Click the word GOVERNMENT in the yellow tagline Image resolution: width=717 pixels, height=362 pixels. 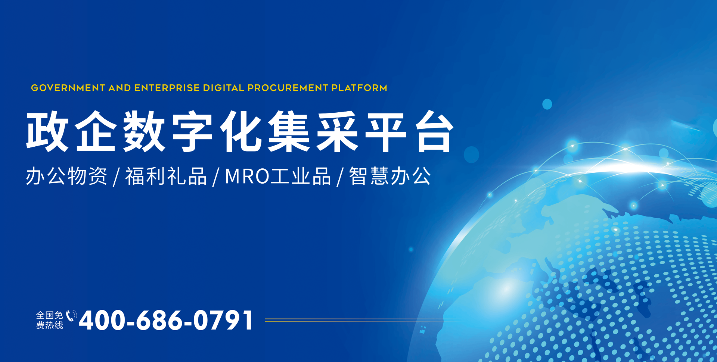tap(68, 88)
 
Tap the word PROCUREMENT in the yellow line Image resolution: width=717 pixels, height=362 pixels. tap(288, 88)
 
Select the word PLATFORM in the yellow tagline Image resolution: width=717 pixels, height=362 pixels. tap(359, 88)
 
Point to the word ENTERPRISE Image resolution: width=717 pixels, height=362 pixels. tap(167, 88)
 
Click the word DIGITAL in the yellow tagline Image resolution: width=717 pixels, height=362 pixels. tap(224, 88)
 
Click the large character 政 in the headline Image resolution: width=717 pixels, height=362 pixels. tap(47, 131)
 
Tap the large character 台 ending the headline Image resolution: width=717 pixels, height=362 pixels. tap(435, 131)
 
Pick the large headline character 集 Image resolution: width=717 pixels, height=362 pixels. tap(289, 131)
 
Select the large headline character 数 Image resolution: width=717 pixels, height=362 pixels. tap(144, 131)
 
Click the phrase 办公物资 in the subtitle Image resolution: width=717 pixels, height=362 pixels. tap(66, 176)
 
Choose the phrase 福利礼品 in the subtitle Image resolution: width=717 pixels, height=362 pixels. tap(166, 176)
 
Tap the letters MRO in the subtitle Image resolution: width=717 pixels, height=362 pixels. tap(247, 176)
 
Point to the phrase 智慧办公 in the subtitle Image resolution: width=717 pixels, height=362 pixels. tap(390, 176)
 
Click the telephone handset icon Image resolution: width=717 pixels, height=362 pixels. tap(71, 316)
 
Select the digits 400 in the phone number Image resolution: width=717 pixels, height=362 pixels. tap(102, 321)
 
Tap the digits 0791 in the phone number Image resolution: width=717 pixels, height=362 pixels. tap(223, 321)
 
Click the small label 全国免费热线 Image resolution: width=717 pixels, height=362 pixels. tap(50, 320)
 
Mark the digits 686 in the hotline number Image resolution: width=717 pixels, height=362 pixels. tap(159, 321)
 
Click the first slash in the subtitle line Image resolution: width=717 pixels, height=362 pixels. tap(116, 177)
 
